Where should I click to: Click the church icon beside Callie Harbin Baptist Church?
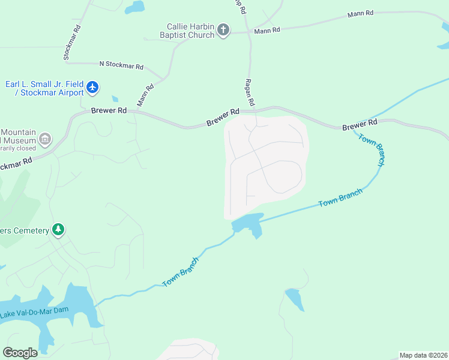click(x=223, y=30)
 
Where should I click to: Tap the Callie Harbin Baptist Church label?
click(x=190, y=31)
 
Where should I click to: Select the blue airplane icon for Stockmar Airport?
click(x=92, y=88)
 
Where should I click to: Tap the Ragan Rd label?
click(x=250, y=92)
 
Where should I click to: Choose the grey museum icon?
click(x=45, y=140)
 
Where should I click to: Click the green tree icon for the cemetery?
click(x=58, y=230)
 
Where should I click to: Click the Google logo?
click(x=20, y=352)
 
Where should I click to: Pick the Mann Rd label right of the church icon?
click(x=267, y=31)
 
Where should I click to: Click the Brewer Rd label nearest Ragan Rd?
click(x=223, y=116)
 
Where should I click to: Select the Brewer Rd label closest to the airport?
click(x=109, y=110)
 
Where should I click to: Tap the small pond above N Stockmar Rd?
click(x=135, y=7)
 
